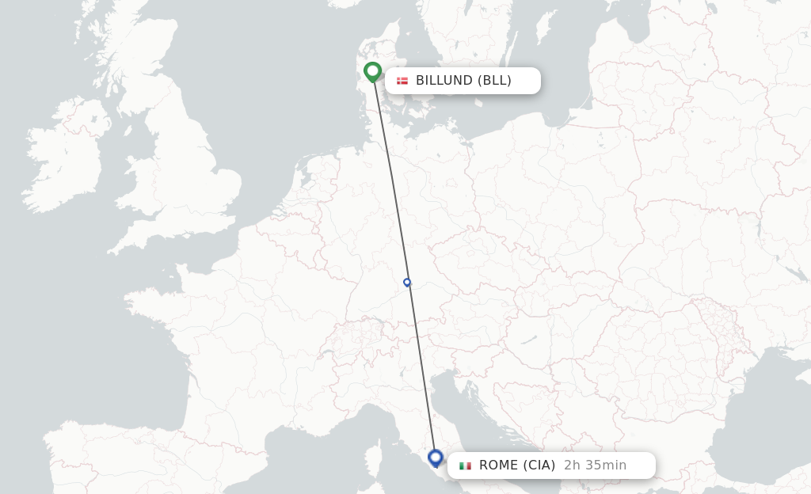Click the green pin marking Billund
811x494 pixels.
[x=373, y=72]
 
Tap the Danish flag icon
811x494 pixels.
[x=402, y=81]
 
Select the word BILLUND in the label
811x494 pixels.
[x=444, y=81]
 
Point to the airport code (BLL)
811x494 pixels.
[x=494, y=81]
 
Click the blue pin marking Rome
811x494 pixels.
[x=435, y=458]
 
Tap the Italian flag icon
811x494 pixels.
[x=465, y=465]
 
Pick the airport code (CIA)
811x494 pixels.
[x=538, y=465]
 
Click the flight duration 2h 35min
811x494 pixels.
[x=595, y=465]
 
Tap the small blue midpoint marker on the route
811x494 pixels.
[x=407, y=282]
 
